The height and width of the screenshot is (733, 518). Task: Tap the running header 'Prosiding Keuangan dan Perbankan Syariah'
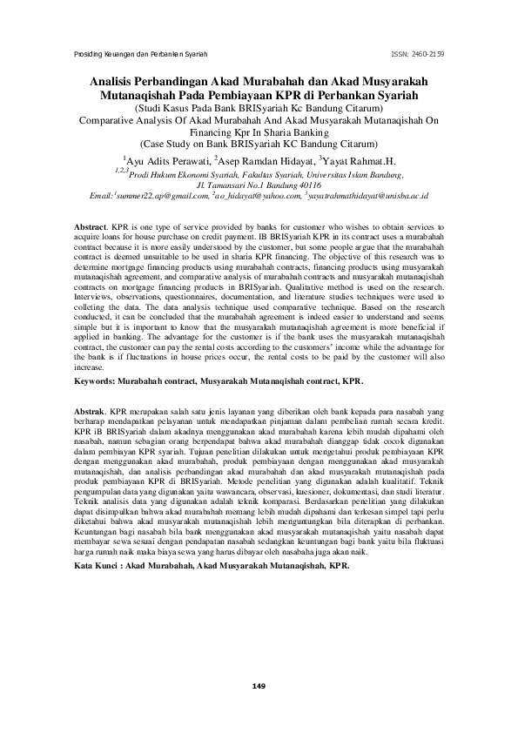[x=138, y=54]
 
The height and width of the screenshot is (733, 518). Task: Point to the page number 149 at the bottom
[x=258, y=688]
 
